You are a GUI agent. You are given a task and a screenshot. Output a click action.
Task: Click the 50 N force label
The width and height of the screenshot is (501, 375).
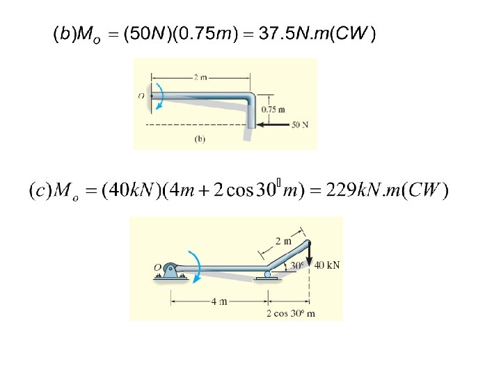point(300,125)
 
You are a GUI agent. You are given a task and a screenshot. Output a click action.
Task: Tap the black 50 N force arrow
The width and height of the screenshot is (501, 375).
point(273,124)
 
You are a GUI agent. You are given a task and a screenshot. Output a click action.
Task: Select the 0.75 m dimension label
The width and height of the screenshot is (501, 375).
point(273,110)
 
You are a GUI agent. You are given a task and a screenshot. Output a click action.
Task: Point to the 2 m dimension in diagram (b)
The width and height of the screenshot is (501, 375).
point(200,77)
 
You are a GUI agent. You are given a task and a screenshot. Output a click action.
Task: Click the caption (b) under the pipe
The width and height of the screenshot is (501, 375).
point(200,139)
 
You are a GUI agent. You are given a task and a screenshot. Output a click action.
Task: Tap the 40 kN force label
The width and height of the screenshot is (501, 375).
point(327,265)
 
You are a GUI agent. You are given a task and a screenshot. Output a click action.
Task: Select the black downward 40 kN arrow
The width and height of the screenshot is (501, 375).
point(309,254)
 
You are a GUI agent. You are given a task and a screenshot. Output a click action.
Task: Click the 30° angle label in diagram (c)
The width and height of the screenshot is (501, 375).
point(297,265)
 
